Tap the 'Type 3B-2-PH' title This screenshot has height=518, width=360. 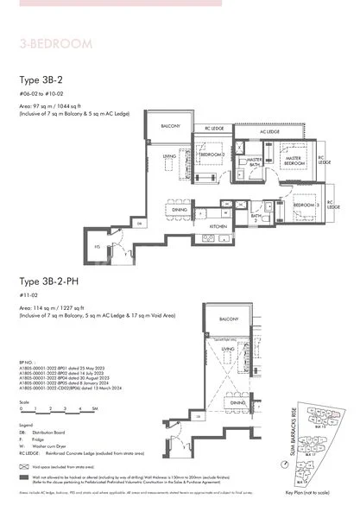(51, 281)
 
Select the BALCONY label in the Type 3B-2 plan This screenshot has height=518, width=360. (169, 126)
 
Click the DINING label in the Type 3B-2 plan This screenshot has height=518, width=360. (180, 210)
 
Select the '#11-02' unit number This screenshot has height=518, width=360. (28, 294)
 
